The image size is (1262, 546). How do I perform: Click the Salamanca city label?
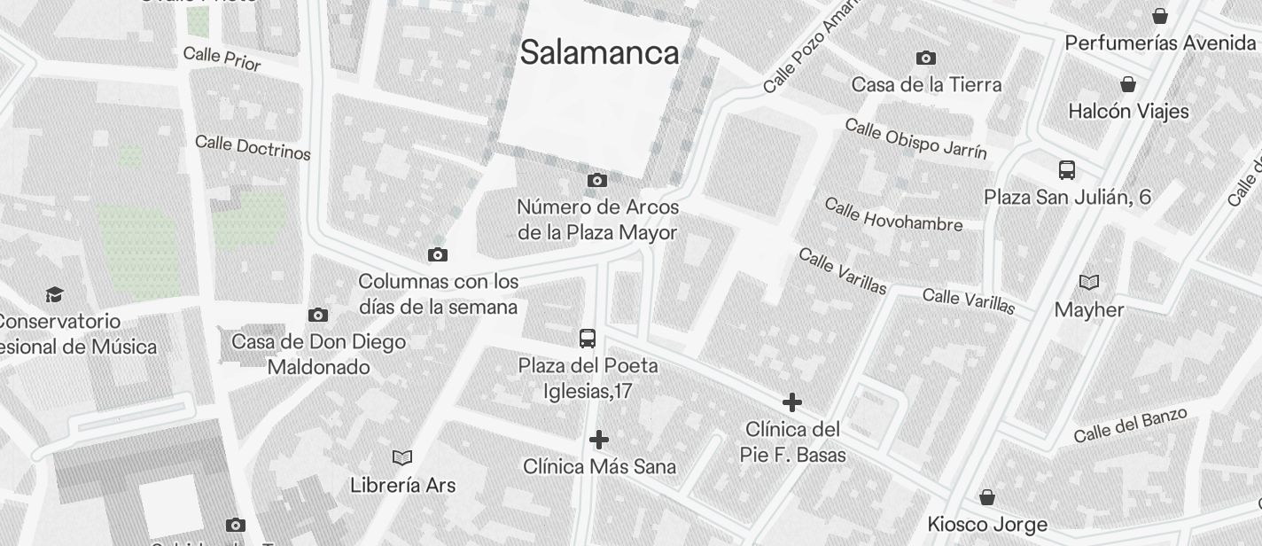pos(600,52)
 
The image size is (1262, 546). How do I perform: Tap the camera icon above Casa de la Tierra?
pos(926,58)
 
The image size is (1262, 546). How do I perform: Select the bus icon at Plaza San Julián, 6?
pos(1067,170)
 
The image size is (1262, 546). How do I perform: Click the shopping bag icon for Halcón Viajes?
pos(1128,85)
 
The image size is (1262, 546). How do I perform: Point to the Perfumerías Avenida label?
pos(1160,43)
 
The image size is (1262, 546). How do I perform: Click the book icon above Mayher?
pos(1089,283)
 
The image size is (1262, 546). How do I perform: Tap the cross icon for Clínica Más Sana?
pos(599,440)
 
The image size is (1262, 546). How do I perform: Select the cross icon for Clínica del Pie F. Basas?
pos(792,403)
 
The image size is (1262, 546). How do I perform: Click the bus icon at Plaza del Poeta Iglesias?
pos(588,339)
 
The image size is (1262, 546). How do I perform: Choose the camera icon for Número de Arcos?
pos(597,181)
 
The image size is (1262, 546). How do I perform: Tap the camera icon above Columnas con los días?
pos(438,255)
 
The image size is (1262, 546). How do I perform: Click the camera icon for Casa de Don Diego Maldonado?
pos(318,316)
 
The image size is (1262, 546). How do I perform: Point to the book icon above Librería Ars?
pos(402,458)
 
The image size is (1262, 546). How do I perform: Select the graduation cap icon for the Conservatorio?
pos(55,294)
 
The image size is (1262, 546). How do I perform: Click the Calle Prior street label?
pos(222,58)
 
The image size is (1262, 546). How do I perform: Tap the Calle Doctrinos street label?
pos(253,147)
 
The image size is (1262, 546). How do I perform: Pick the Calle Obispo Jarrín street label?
pos(915,138)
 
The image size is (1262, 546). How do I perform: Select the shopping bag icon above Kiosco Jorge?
pos(987,498)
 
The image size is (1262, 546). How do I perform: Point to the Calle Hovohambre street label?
pos(893,214)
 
